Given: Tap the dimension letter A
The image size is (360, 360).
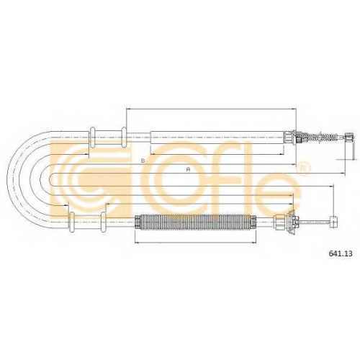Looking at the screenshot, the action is point(188,169).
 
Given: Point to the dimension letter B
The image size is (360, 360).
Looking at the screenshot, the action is point(143,161).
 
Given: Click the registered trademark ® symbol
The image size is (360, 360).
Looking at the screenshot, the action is point(304,168).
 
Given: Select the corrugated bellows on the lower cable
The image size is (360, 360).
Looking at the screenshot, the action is point(195,222).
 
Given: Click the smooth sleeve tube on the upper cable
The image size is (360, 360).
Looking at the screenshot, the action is point(217,138).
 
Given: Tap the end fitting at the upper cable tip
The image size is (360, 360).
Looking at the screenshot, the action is point(349,137).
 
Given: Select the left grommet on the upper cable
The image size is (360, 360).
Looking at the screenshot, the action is point(93,138).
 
